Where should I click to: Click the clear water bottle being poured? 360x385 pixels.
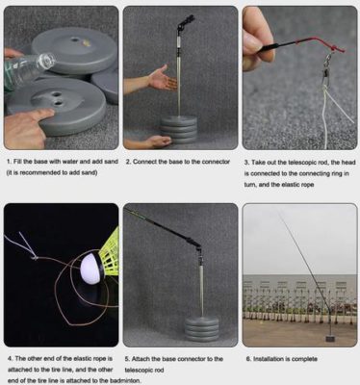tap(27, 70)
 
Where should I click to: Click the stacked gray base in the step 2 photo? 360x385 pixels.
tap(178, 127)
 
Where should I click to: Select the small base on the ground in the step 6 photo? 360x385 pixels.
tap(331, 339)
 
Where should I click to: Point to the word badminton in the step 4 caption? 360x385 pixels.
tap(96, 381)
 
